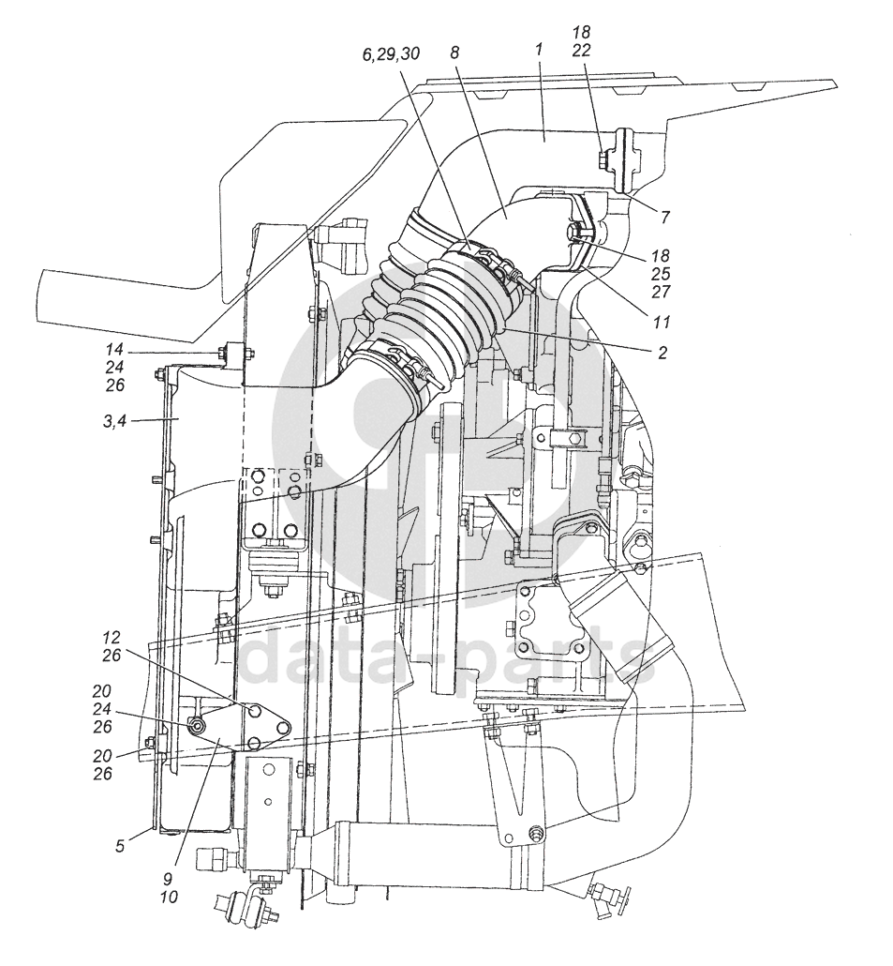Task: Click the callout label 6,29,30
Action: coord(391,54)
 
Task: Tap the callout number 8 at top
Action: coord(454,53)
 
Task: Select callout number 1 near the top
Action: coord(539,50)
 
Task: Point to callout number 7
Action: coord(665,217)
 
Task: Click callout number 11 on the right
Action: coord(660,322)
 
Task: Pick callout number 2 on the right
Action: coord(662,353)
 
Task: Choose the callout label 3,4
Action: coord(115,422)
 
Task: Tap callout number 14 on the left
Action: coord(114,350)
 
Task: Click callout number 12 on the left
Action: coord(112,637)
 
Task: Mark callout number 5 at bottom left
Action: coord(119,846)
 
